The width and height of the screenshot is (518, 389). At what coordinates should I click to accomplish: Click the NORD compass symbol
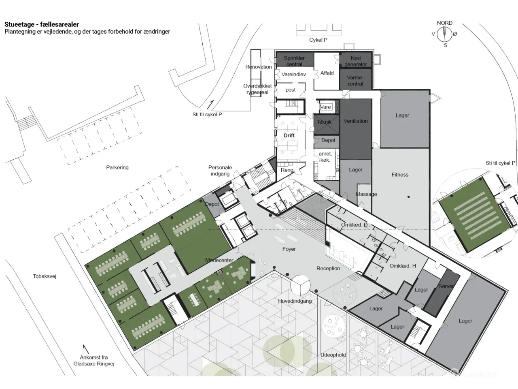[444, 34]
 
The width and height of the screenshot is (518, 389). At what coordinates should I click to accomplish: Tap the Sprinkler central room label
[294, 61]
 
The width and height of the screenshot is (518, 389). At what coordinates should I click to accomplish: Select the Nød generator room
[355, 60]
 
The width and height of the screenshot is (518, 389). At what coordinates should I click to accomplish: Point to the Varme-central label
[355, 81]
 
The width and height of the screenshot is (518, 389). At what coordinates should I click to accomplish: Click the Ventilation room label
[355, 121]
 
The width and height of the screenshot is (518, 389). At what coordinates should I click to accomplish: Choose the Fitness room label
[400, 175]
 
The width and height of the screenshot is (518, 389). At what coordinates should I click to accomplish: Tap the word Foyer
[289, 249]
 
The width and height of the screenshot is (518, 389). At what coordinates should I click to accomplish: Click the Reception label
[328, 268]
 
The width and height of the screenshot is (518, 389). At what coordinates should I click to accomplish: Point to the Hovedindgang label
[295, 301]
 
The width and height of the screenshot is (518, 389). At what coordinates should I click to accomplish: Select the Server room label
[446, 286]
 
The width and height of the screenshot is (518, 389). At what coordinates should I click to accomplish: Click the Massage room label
[366, 194]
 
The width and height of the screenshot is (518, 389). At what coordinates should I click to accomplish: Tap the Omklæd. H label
[403, 266]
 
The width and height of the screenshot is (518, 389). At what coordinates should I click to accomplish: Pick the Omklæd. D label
[354, 225]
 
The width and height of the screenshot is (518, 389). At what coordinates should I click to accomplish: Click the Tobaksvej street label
[45, 276]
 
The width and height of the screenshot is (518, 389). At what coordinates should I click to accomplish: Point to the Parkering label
[117, 167]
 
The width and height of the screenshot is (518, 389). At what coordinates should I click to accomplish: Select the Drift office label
[289, 136]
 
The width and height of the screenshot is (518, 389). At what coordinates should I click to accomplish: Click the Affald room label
[327, 73]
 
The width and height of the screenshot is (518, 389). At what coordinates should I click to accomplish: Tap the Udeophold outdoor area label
[333, 355]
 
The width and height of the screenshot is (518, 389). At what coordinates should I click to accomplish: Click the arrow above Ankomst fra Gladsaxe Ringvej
[86, 349]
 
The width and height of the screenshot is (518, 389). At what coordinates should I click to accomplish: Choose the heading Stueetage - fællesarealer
[42, 24]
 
